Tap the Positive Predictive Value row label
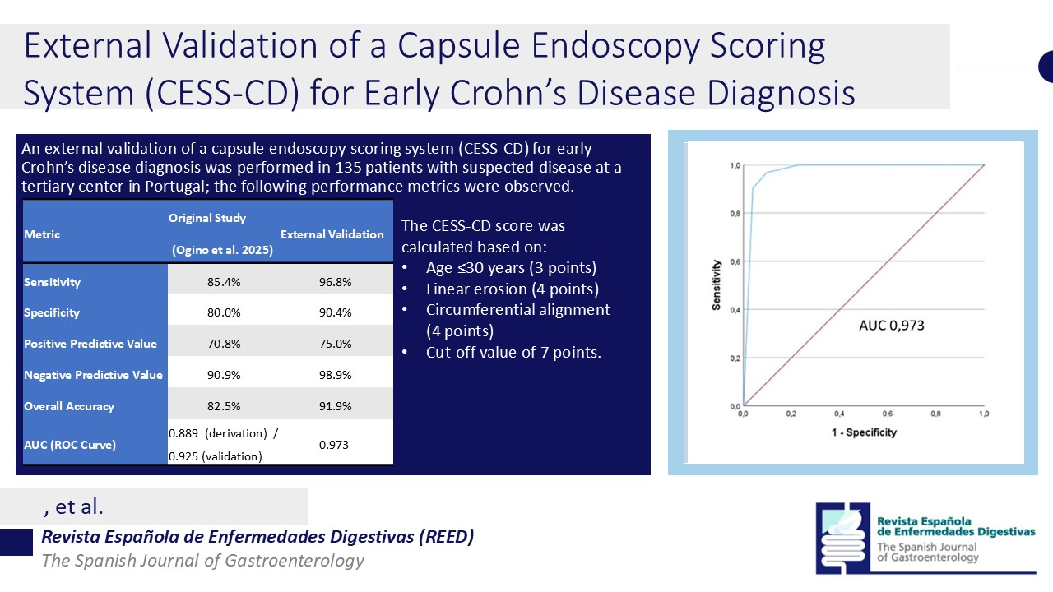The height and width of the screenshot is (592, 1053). (x=90, y=344)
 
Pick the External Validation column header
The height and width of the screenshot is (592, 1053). (x=332, y=234)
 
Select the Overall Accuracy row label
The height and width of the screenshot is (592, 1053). (x=69, y=406)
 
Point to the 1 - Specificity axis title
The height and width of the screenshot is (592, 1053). (x=863, y=432)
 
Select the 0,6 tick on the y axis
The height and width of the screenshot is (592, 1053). (x=734, y=261)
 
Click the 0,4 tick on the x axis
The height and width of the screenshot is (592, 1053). (x=839, y=414)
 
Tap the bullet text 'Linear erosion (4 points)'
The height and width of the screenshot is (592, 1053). (x=513, y=289)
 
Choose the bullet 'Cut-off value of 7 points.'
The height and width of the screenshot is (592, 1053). (x=513, y=352)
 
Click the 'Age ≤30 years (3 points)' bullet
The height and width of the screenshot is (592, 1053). (x=510, y=267)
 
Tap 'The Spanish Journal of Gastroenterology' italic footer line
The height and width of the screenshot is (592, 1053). (x=203, y=561)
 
